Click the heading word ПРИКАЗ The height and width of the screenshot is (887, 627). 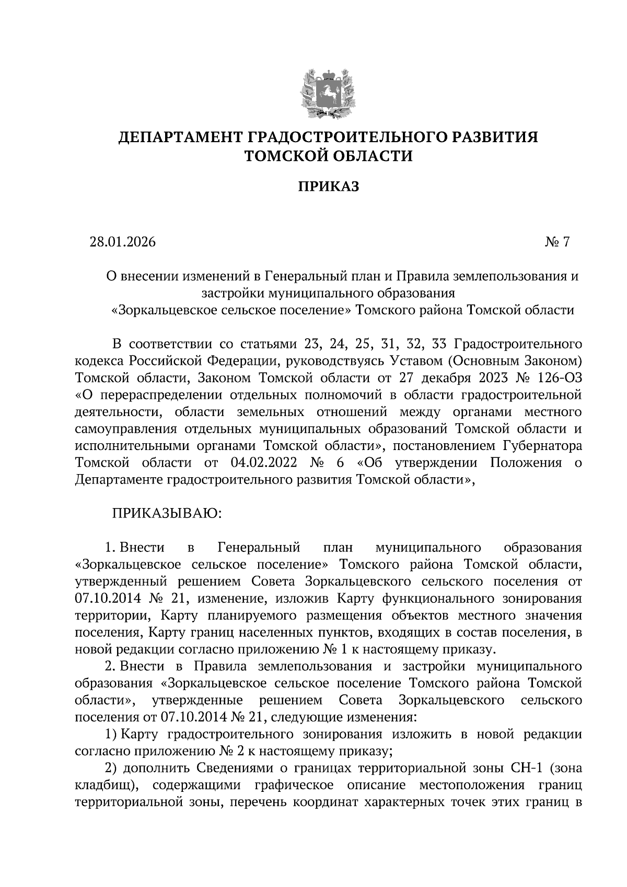coord(328,187)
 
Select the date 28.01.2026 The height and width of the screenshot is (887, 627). coord(123,242)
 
